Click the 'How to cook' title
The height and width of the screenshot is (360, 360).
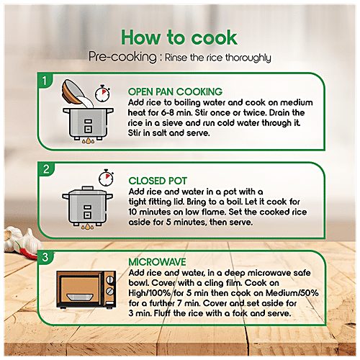coord(179,37)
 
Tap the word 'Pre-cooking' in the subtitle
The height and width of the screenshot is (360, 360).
coord(122,57)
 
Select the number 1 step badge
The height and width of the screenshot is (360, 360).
coord(45,81)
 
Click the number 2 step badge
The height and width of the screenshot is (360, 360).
coord(46,169)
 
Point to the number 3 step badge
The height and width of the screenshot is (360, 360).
coord(45,257)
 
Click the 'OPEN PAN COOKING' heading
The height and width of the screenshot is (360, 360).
coord(175,92)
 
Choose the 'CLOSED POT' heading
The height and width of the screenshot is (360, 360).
coord(158,181)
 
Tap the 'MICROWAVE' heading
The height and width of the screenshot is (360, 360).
coord(157,262)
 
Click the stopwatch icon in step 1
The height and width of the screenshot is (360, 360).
coord(102,93)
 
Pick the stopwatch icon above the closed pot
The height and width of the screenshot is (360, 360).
coord(106,178)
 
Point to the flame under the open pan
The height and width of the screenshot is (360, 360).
coord(88,141)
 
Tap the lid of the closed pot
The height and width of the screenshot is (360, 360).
coord(88,191)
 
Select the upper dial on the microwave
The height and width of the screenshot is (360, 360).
coord(110,279)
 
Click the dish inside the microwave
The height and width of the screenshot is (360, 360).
coord(80,297)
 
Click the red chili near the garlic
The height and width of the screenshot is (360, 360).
coord(28,253)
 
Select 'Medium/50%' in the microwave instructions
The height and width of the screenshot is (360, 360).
coord(292,293)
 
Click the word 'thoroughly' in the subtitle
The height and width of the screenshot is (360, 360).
coord(248,58)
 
